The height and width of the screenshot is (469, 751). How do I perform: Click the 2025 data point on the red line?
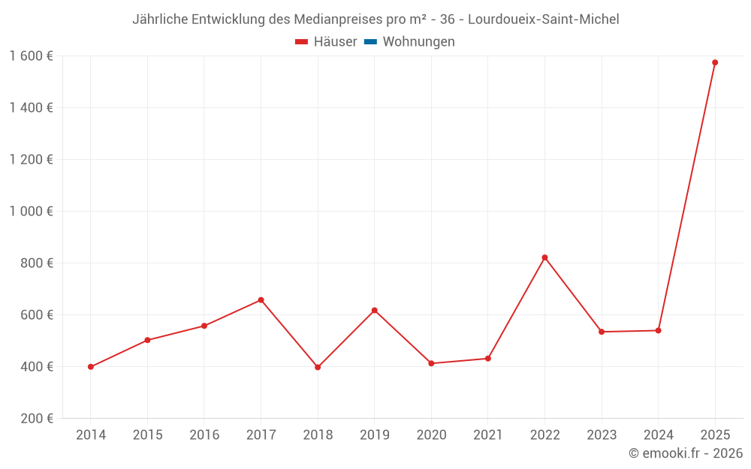[x=715, y=62]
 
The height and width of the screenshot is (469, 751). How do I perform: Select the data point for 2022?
[x=544, y=257]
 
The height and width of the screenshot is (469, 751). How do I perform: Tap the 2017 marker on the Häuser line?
[x=261, y=300]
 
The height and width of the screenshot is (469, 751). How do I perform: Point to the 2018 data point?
[x=318, y=367]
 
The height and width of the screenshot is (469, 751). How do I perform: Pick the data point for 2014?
[x=91, y=367]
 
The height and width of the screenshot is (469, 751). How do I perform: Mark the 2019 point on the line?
[x=374, y=310]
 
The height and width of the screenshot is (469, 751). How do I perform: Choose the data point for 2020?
[x=431, y=363]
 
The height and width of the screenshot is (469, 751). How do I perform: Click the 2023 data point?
[x=602, y=332]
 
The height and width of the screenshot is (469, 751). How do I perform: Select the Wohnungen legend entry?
[x=418, y=42]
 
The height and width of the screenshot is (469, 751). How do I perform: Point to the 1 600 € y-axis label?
[x=31, y=56]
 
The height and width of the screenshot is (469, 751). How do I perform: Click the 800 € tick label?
[x=36, y=263]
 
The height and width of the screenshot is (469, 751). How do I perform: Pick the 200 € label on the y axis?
[x=36, y=419]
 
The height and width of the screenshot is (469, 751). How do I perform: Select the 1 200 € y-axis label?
[x=31, y=160]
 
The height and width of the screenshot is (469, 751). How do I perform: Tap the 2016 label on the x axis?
[x=204, y=435]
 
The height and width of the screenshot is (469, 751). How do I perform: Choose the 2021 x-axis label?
[x=488, y=435]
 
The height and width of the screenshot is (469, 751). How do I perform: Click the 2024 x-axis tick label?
[x=659, y=435]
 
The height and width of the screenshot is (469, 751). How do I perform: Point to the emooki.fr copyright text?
[x=685, y=453]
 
